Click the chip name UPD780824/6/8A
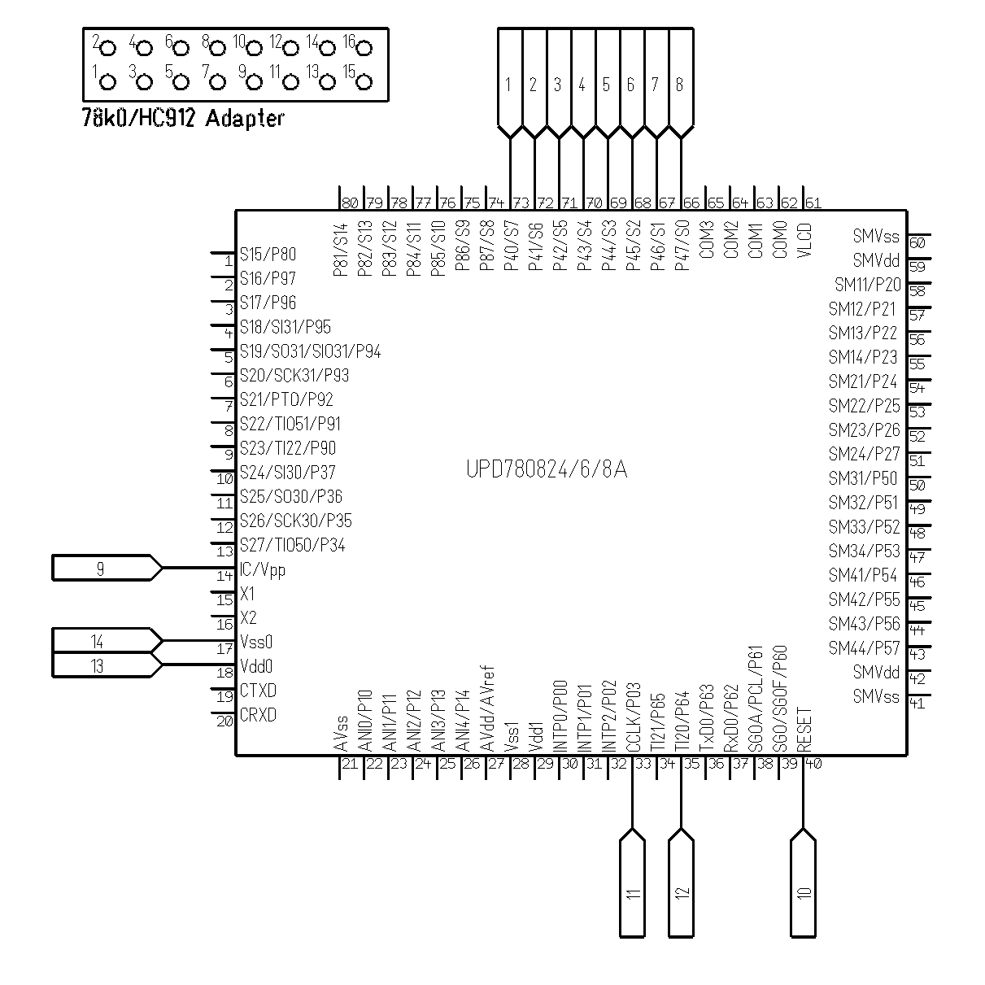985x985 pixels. tap(547, 469)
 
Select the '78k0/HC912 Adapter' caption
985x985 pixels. tap(183, 118)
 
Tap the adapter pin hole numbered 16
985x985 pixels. tap(364, 49)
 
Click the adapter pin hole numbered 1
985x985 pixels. tap(107, 82)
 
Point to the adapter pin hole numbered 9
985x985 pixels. tap(254, 82)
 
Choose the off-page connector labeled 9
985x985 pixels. tap(107, 568)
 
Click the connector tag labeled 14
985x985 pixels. tap(107, 640)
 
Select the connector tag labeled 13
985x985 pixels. tap(107, 665)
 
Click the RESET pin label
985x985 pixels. tap(804, 730)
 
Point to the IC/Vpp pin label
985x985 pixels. tap(262, 569)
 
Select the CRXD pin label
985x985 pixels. tap(258, 715)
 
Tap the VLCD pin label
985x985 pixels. tap(804, 240)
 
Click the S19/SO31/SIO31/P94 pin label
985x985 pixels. tap(310, 351)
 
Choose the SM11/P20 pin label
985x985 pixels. tap(867, 284)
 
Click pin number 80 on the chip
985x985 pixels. tap(350, 203)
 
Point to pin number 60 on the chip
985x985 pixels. tap(917, 243)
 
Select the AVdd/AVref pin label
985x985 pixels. tap(488, 708)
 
